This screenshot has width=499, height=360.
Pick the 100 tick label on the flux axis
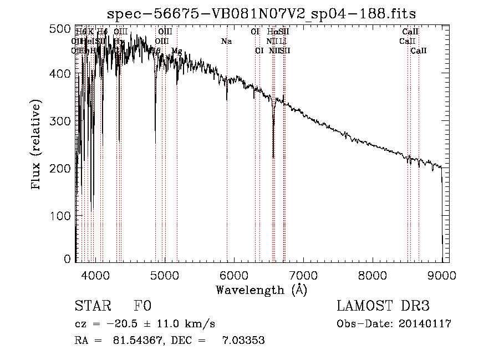pos(62,215)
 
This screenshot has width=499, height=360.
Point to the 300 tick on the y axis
pos(62,120)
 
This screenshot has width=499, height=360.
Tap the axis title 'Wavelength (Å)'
pos(261,290)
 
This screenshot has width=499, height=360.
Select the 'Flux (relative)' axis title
pos(37,145)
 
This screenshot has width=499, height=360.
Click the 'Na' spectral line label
pos(226,42)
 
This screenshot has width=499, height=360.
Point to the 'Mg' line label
pos(176,51)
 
